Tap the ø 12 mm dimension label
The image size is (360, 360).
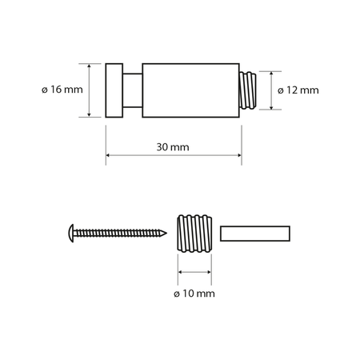298,90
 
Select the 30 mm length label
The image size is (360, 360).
174,148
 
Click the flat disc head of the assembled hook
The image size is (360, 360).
114,90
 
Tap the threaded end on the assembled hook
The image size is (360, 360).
250,90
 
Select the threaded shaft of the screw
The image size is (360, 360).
120,233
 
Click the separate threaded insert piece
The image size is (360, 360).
194,233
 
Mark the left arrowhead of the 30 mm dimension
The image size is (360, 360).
108,155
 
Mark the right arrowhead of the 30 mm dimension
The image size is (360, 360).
239,155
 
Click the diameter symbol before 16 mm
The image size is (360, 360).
42,90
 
